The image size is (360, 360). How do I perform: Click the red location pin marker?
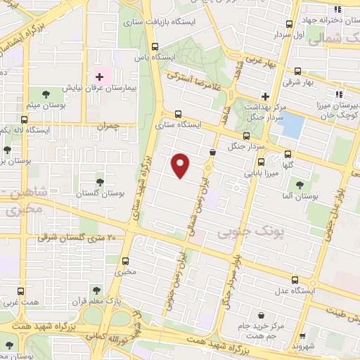pos(181,165)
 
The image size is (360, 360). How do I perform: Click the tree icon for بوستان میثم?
pos(46,94)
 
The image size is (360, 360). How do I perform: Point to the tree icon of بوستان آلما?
pos(300,185)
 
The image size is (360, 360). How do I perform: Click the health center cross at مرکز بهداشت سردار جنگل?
pos(265,96)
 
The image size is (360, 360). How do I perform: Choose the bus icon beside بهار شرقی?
pos(297,72)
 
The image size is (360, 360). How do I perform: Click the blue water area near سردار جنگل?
pos(292,125)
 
